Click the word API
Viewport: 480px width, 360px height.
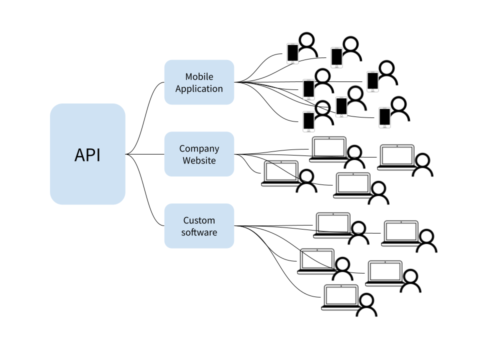(87, 155)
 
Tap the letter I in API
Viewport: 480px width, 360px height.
(98, 155)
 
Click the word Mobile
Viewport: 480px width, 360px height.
(199, 76)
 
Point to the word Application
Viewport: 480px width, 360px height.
(199, 89)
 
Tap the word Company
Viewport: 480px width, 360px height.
(199, 148)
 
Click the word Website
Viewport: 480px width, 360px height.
(199, 160)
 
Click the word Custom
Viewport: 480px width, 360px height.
(199, 220)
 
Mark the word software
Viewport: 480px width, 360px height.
(199, 232)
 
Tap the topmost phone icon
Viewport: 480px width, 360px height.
(292, 53)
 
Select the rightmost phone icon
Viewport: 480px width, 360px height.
(384, 117)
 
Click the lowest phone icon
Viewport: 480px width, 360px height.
(308, 121)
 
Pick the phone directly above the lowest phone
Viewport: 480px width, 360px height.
(308, 89)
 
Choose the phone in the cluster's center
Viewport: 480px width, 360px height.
(341, 106)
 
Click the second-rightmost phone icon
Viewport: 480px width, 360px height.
(372, 81)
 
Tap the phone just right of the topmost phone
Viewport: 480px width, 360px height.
(336, 57)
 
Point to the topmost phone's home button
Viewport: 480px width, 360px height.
(292, 62)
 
